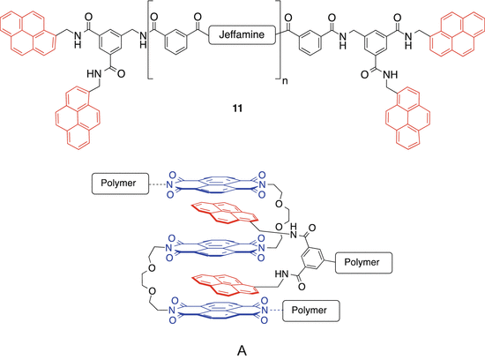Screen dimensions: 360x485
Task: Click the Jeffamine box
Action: [x=242, y=34]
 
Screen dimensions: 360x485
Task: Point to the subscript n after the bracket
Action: [x=284, y=65]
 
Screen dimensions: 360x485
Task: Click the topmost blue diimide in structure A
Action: [x=216, y=185]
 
